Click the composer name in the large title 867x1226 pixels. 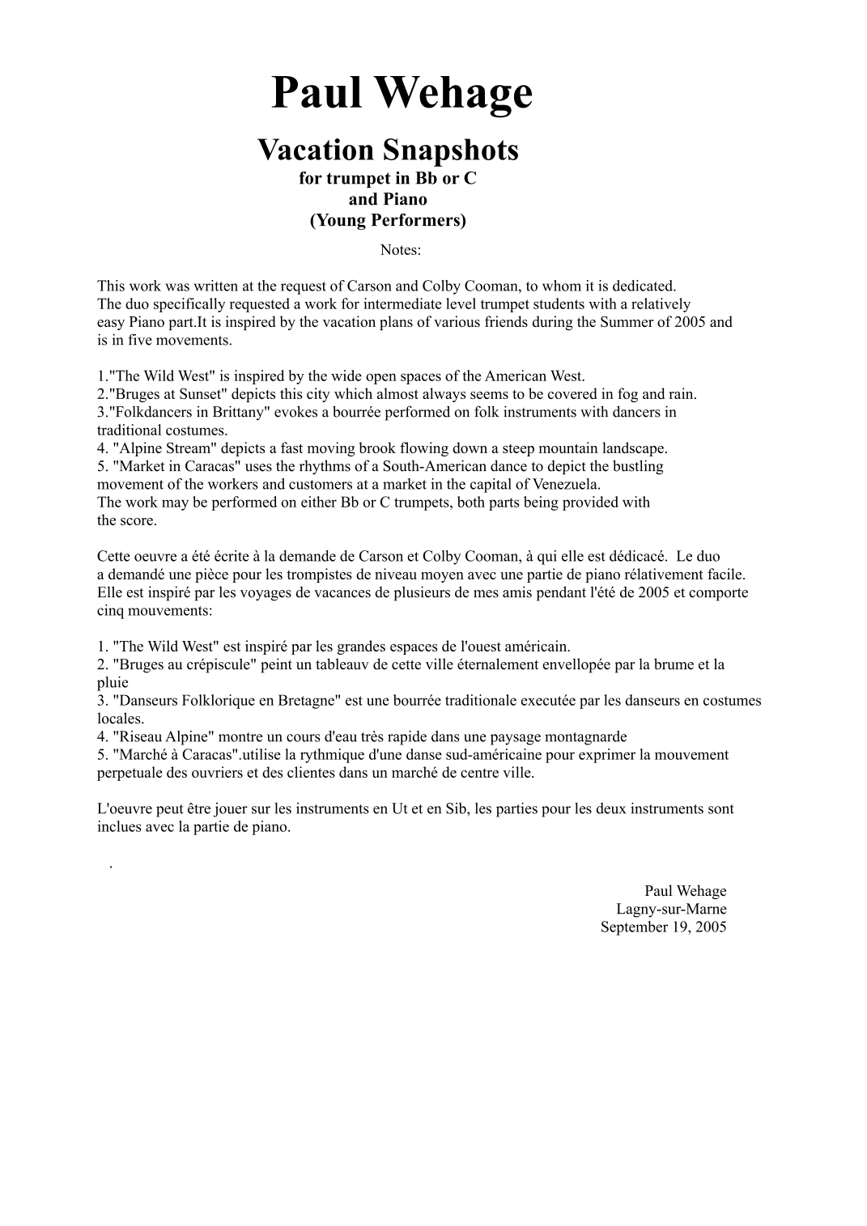(x=402, y=93)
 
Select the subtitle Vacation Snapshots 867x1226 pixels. (x=388, y=150)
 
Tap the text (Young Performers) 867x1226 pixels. (x=388, y=220)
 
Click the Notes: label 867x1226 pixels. (x=401, y=250)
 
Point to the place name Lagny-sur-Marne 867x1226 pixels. (x=671, y=909)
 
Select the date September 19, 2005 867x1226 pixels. (x=663, y=927)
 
